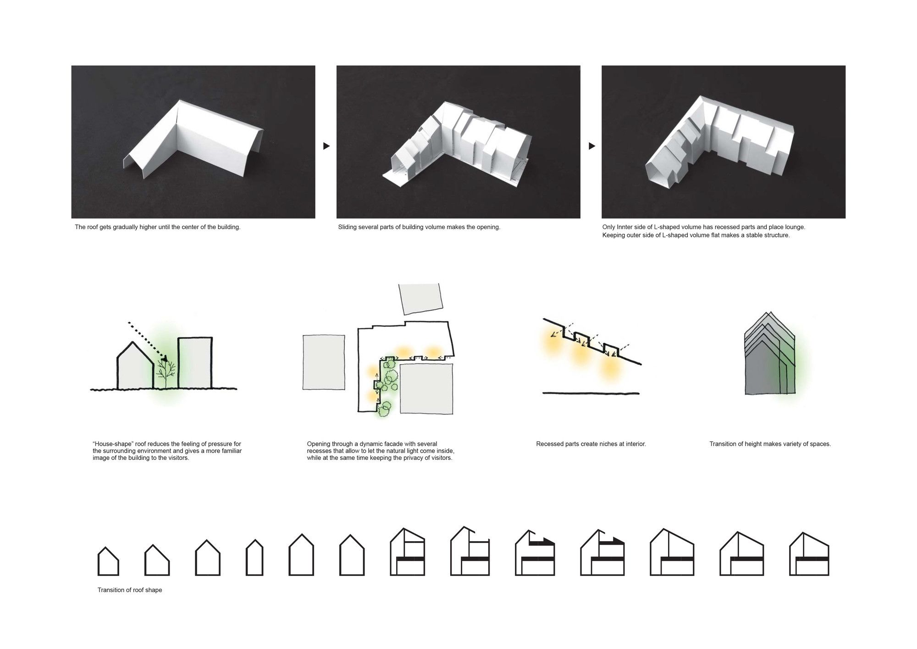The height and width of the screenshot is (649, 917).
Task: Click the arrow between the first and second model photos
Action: [326, 146]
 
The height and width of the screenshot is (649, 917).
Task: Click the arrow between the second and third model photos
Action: [591, 146]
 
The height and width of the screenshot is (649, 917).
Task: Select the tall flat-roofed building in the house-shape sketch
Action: [195, 363]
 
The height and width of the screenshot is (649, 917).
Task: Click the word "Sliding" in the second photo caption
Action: [348, 227]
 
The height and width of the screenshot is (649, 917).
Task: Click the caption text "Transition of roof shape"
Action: [130, 590]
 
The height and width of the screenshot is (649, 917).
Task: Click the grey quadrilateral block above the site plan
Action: [421, 298]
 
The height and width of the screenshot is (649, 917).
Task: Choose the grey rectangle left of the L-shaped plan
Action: [324, 362]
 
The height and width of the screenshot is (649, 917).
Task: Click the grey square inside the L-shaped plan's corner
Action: [426, 389]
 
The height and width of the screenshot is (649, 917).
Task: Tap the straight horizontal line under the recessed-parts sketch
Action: [591, 393]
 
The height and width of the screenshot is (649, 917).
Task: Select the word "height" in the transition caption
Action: [759, 444]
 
